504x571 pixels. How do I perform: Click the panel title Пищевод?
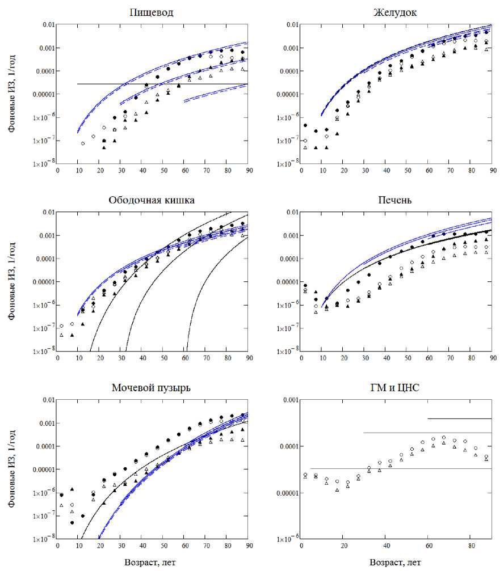coord(152,12)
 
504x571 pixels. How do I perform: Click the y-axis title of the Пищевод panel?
coord(12,94)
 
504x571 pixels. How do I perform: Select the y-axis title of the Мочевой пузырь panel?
coord(12,470)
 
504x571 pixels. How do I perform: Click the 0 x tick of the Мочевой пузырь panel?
coord(57,547)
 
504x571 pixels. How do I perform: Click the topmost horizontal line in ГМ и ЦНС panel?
coord(460,418)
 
